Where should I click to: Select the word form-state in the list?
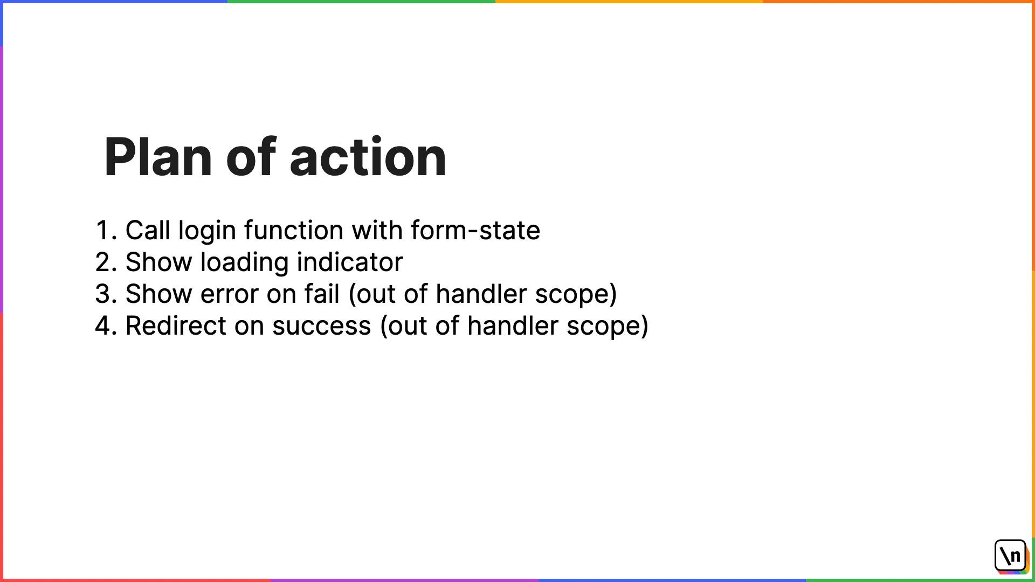(475, 230)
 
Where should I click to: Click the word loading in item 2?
(244, 263)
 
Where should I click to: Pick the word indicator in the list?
(350, 262)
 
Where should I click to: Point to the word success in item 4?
(322, 327)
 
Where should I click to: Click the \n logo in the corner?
(1011, 556)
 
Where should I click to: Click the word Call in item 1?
(148, 230)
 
